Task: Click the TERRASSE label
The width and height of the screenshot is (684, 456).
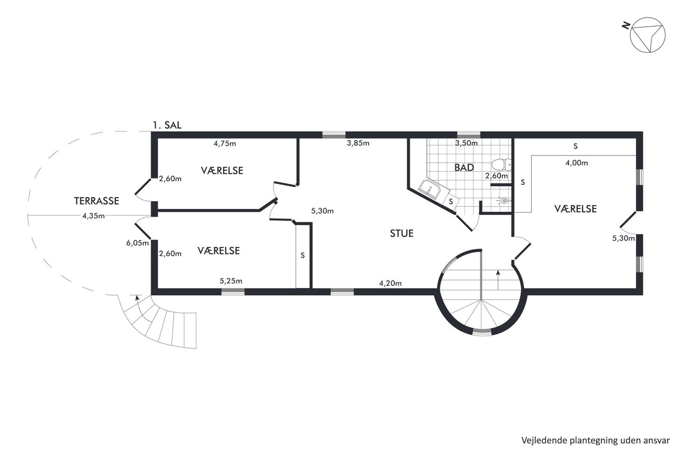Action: click(x=97, y=200)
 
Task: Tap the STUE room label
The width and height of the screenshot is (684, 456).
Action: click(x=401, y=233)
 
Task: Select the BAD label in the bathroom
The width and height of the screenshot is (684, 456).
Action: click(x=464, y=167)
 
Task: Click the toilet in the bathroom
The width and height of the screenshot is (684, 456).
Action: click(x=501, y=165)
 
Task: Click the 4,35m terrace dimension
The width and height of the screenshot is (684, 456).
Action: click(x=94, y=216)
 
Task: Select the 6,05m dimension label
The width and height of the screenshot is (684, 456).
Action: click(x=137, y=243)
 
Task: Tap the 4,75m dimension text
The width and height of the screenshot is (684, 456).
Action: click(x=225, y=144)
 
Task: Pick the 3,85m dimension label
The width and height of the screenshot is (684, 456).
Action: click(x=358, y=143)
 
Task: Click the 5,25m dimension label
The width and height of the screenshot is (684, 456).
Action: click(x=231, y=281)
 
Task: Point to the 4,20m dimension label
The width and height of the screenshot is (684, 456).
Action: click(x=390, y=283)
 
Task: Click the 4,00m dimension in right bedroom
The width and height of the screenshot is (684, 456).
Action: click(x=577, y=163)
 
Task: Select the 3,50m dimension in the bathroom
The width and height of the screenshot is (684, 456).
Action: click(x=467, y=143)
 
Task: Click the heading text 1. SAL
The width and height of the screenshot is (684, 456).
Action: click(x=167, y=125)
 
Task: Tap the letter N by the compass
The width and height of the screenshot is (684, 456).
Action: click(x=626, y=26)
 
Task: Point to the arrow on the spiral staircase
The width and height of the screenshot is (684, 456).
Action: click(x=498, y=280)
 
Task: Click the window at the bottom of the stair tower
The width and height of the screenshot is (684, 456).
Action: click(x=482, y=333)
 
